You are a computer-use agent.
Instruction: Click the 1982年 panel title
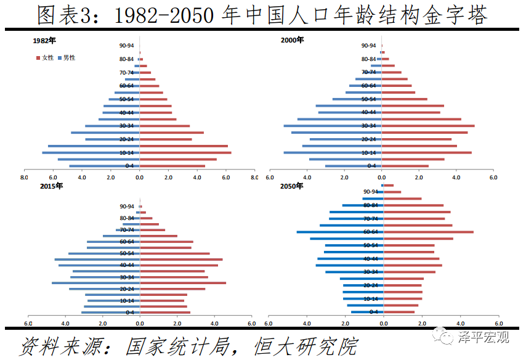coord(44,41)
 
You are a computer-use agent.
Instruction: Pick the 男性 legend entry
coord(67,57)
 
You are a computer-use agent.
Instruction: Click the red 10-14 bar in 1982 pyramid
coord(185,152)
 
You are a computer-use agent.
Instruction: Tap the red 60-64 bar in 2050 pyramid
coord(428,232)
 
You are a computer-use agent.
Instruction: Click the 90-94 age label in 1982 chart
coord(127,45)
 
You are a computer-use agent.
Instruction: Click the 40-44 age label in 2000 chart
coord(368,112)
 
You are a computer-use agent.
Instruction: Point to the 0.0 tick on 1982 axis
coord(139,178)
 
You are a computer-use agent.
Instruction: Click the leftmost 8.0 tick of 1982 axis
coord(24,178)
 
